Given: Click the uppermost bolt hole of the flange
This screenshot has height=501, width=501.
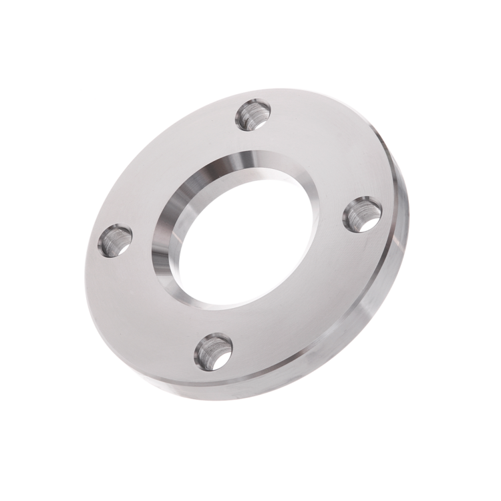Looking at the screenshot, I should (x=253, y=114).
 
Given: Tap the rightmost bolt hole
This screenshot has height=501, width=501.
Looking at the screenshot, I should (x=363, y=214).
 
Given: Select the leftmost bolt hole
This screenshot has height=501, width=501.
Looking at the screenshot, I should (x=115, y=240).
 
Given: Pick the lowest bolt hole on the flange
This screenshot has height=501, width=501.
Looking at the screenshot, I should (x=213, y=351).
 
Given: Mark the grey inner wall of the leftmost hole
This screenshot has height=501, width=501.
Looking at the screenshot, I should (x=109, y=242).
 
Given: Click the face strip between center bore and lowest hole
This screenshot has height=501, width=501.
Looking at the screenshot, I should (x=227, y=321).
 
